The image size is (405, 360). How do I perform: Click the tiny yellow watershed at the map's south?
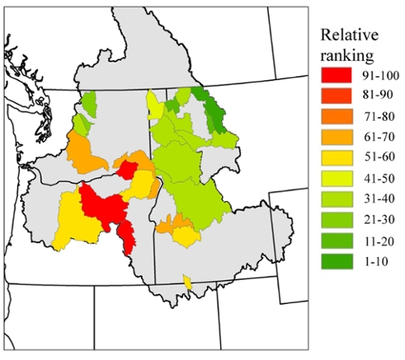point(188,282)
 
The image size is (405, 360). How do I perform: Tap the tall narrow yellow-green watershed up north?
point(152,105)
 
